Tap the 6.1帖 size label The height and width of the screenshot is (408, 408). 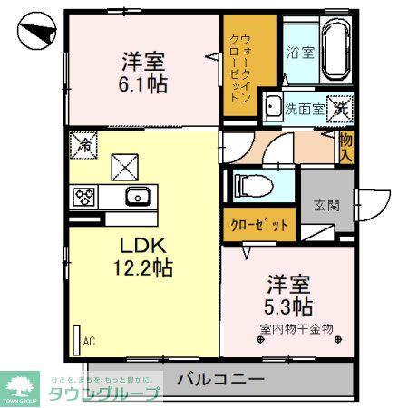(x=146, y=87)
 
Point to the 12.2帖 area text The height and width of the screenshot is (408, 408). (x=144, y=268)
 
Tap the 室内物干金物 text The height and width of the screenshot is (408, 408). (x=296, y=327)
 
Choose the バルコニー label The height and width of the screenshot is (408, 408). (x=220, y=379)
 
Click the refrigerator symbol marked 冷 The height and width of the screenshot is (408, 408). (x=83, y=142)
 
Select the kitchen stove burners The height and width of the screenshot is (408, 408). (x=84, y=196)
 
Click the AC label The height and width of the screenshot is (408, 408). (x=89, y=342)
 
